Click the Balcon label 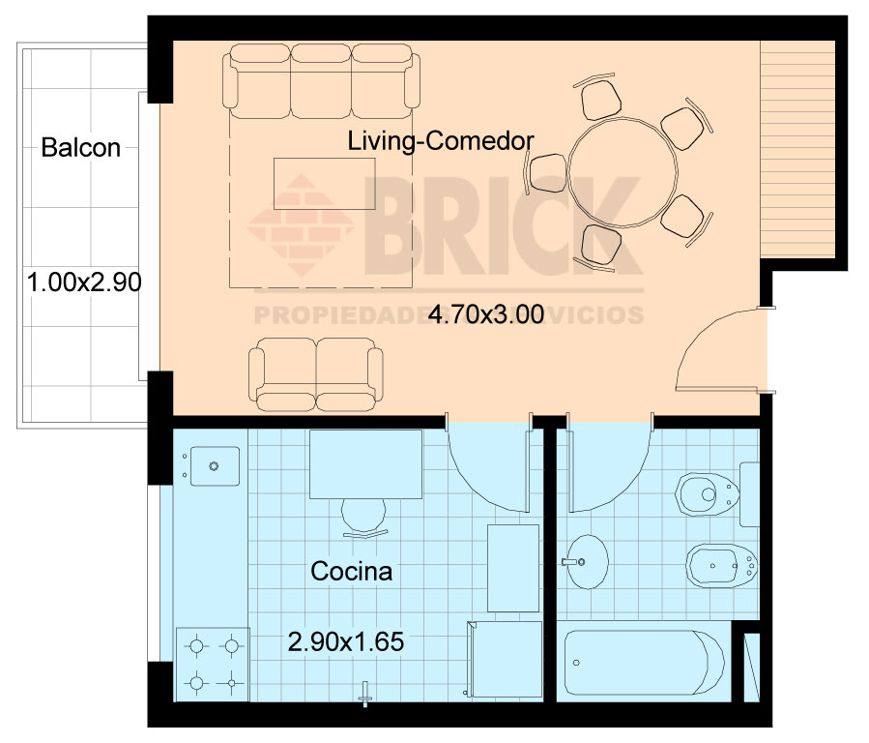[81, 148]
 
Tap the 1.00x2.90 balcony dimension [84, 282]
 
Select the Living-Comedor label [441, 141]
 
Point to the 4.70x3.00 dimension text [486, 314]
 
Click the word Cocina [351, 571]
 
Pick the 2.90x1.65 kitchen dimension [346, 641]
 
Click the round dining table [623, 172]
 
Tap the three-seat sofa [322, 81]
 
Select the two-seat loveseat [316, 374]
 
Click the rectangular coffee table [324, 184]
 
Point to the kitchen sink [215, 466]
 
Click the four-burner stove [213, 665]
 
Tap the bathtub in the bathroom [644, 662]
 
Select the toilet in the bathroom [708, 494]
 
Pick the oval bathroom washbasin [588, 562]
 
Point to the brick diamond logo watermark [301, 225]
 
